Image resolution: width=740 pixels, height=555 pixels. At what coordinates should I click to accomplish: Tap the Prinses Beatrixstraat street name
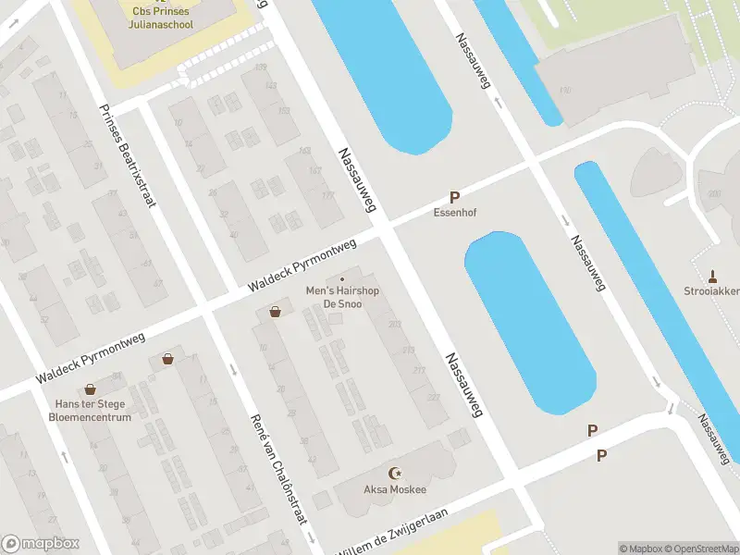coord(125,154)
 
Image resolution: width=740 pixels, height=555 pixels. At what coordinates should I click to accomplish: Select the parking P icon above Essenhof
coord(454,197)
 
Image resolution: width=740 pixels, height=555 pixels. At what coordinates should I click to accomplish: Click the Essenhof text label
coord(454,212)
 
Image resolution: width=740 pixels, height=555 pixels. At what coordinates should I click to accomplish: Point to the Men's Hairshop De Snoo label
coord(342,297)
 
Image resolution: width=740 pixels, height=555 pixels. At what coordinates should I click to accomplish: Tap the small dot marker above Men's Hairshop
coord(342,279)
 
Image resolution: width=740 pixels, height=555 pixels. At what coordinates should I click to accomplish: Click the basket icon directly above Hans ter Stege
coord(90,389)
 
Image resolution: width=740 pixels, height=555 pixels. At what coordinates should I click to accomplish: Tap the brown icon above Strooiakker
coord(712,275)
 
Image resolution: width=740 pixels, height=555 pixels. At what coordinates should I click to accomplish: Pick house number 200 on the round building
coord(714,193)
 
